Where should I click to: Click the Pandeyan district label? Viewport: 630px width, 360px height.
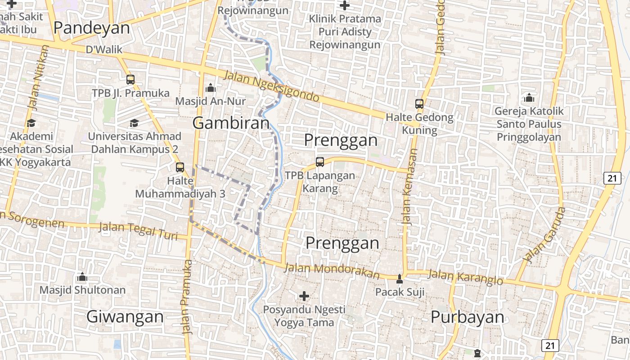[91, 28]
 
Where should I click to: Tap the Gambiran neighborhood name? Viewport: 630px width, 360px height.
[231, 123]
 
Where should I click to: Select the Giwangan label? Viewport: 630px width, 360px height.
[125, 316]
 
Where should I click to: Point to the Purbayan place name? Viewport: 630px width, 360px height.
[467, 317]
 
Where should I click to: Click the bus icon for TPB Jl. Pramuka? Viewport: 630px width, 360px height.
[130, 80]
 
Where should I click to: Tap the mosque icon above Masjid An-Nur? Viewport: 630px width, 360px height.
[210, 88]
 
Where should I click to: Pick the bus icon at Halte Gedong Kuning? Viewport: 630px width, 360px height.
[419, 104]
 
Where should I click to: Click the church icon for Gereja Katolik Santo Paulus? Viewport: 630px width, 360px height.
[529, 97]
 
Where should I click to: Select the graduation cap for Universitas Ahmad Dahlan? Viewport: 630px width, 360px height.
[134, 123]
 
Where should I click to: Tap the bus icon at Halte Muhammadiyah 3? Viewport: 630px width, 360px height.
[180, 167]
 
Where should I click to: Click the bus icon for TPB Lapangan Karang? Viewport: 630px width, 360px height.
[320, 162]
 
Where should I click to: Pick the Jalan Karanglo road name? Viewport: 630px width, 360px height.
[465, 277]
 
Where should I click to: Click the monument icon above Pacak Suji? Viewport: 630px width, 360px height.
[400, 279]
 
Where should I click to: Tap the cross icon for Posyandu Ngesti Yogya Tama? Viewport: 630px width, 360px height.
[304, 296]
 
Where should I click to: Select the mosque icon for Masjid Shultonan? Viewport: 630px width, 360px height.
[82, 276]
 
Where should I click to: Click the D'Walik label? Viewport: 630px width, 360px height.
[104, 49]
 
